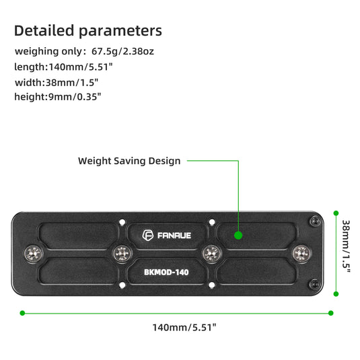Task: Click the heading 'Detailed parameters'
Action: pyautogui.click(x=87, y=31)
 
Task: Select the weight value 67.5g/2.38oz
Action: pyautogui.click(x=137, y=51)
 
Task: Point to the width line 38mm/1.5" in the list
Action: pyautogui.click(x=57, y=82)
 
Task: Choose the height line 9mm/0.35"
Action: pyautogui.click(x=57, y=97)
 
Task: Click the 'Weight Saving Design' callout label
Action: pyautogui.click(x=129, y=161)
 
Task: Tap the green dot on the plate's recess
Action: pyautogui.click(x=238, y=235)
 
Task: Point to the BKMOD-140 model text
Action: pyautogui.click(x=167, y=273)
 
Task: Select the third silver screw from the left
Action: pyautogui.click(x=211, y=254)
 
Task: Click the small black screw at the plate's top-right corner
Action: pyautogui.click(x=314, y=221)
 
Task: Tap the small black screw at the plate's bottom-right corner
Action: pyautogui.click(x=314, y=285)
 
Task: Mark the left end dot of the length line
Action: pyautogui.click(x=22, y=312)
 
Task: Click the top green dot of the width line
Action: pyautogui.click(x=336, y=213)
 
